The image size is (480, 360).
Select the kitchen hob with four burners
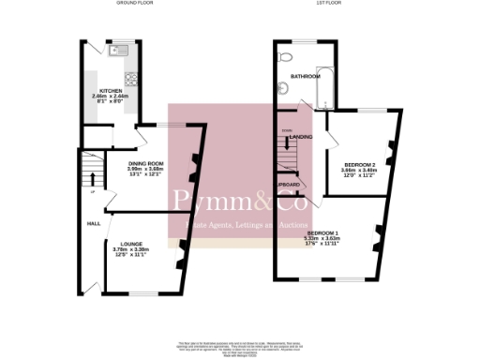click(130, 78)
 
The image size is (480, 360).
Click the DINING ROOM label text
click(145, 163)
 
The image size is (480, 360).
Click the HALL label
click(94, 224)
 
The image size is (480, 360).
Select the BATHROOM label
click(305, 76)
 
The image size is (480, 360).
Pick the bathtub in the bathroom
click(325, 86)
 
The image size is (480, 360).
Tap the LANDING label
click(301, 137)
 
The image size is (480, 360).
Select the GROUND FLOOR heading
click(134, 4)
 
